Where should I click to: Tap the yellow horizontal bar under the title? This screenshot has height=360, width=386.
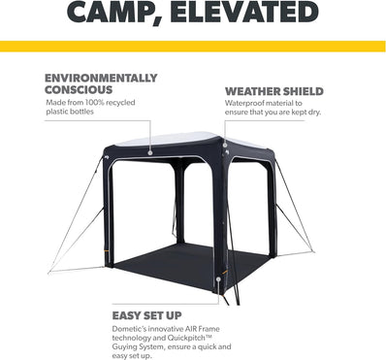coord(192,46)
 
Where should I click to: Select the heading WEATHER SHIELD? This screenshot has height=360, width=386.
coord(274,92)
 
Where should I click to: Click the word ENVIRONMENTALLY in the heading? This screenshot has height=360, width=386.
coord(99,78)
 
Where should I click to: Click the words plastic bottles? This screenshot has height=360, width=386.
coord(74,115)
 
